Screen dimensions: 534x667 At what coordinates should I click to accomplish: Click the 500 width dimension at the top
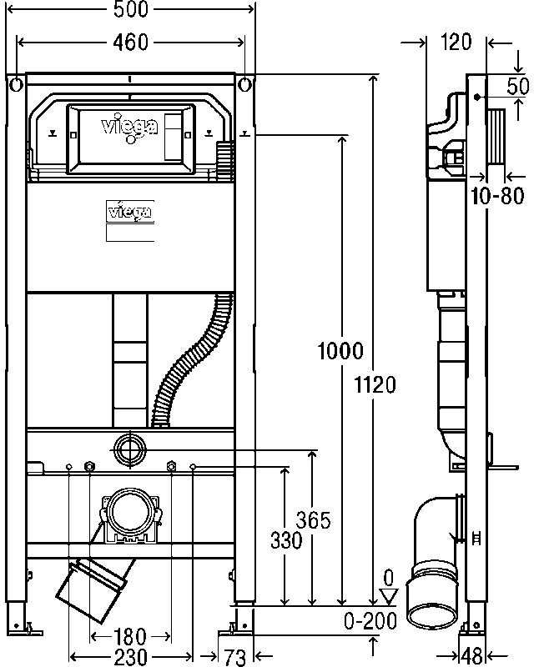[131, 9]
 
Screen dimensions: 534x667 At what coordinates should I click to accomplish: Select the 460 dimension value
[131, 43]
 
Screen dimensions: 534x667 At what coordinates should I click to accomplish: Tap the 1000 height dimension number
[340, 351]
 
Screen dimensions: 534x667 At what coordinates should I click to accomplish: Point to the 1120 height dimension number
[375, 385]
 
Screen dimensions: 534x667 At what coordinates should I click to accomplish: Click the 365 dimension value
[314, 519]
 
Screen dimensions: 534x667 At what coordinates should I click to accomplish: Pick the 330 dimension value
[286, 540]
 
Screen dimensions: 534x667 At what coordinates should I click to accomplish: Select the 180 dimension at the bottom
[130, 636]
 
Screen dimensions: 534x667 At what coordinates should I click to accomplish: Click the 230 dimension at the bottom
[131, 657]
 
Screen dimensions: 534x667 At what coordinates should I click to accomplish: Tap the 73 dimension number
[235, 658]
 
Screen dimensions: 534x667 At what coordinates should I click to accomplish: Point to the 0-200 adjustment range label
[370, 621]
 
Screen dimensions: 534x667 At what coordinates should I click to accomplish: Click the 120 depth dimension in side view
[456, 42]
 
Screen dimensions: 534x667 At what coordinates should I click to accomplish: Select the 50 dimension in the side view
[518, 87]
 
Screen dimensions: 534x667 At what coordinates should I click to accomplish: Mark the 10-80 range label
[497, 196]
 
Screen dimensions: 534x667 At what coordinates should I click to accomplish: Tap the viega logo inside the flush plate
[129, 128]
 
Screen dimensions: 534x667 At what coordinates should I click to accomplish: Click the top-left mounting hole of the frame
[16, 85]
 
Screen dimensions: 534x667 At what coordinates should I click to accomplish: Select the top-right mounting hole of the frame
[244, 85]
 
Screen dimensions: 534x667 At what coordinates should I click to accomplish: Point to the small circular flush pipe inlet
[129, 449]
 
